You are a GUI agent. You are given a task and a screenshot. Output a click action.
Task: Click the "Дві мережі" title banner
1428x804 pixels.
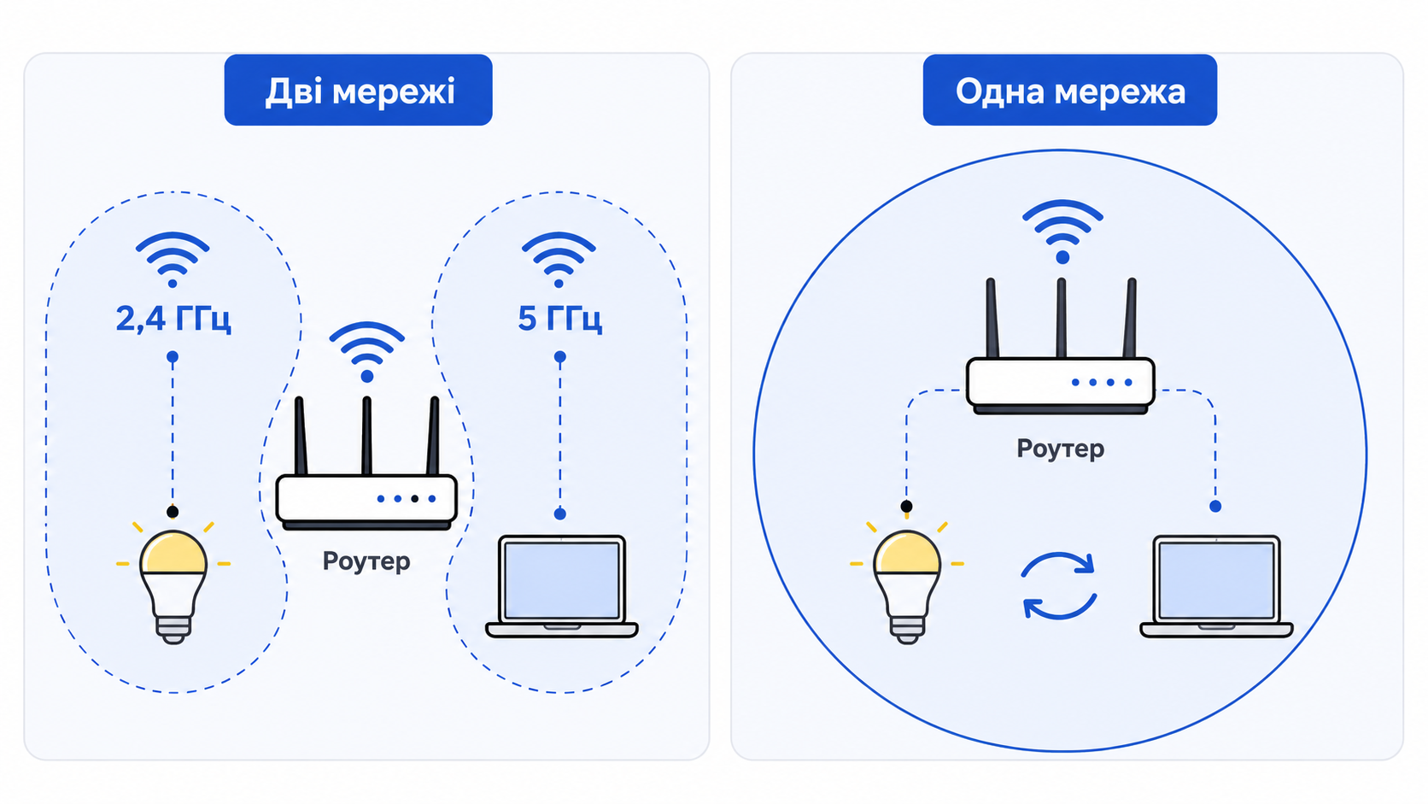pos(358,90)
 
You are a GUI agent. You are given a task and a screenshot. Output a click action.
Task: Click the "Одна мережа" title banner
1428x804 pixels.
pos(1070,90)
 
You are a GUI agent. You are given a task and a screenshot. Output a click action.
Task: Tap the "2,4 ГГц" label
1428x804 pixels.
pos(173,318)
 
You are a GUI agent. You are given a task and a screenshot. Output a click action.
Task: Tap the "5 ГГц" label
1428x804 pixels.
pos(559,318)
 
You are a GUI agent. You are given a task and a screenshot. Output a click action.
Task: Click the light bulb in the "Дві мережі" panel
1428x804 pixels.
pos(173,584)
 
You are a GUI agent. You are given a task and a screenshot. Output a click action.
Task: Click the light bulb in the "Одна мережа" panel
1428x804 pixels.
pos(906,584)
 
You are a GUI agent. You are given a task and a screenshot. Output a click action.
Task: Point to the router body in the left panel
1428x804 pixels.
pos(366,502)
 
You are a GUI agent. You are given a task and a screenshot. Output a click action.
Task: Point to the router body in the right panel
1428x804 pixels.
pos(1061,385)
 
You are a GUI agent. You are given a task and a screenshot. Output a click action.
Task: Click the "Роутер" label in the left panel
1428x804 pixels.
pos(366,561)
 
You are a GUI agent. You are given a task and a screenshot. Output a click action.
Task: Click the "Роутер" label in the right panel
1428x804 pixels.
pos(1061,449)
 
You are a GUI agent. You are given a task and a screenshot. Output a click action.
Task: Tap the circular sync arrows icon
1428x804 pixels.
pos(1059,585)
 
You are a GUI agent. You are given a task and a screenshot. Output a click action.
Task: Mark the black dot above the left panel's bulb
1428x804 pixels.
pos(173,511)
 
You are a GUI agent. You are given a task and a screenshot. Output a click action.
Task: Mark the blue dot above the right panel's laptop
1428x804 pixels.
pos(1215,507)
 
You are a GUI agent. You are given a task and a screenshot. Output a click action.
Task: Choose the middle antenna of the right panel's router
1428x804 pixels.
pos(1062,318)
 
